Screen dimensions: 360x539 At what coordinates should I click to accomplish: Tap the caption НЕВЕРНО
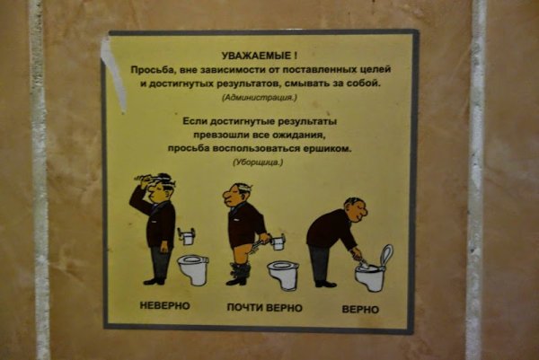pos(165,307)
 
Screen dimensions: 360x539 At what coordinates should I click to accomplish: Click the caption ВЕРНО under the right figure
pos(359,310)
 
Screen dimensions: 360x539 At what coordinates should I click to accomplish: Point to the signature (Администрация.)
pos(264,96)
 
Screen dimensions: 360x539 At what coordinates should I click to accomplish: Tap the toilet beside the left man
pos(192,268)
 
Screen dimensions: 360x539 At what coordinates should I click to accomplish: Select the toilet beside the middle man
pos(283,274)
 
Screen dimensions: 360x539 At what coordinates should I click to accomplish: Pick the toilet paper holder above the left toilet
pos(187,235)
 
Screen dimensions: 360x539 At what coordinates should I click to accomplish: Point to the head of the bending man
pos(356,211)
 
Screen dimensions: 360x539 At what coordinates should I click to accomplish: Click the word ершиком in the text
pos(326,148)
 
